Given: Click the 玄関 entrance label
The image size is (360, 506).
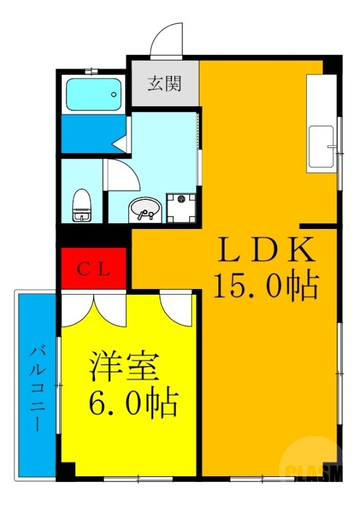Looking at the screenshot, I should click(164, 83).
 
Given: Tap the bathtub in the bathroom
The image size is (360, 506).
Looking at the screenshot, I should click(94, 96).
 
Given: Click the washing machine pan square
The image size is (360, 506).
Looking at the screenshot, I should click(182, 208).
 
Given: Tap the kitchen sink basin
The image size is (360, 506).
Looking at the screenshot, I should click(321, 148).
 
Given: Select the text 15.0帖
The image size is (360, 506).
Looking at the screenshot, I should click(266, 285).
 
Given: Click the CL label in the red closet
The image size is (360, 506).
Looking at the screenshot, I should click(94, 269).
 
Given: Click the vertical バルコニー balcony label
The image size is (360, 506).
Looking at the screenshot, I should click(37, 387).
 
